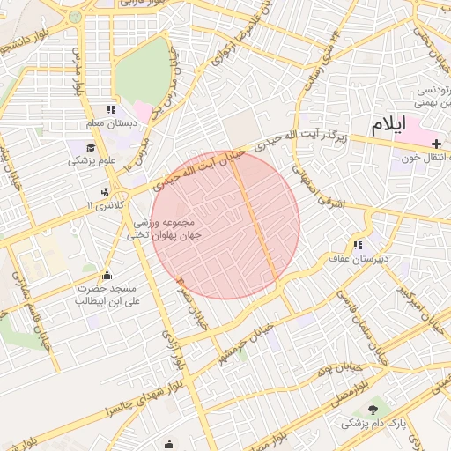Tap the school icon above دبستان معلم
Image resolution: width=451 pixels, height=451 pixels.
pos(111,110)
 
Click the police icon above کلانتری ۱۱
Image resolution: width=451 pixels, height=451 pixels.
pos(107,191)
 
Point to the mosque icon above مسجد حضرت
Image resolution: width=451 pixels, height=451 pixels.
pos(107,275)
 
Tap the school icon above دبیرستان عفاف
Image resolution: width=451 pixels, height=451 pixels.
pos(358,245)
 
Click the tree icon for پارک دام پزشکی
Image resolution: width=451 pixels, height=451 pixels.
pos(373,410)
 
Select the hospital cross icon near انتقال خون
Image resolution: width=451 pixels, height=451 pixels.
pos(436,143)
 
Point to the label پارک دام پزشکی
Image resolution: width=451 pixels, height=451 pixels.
pos(373,424)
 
